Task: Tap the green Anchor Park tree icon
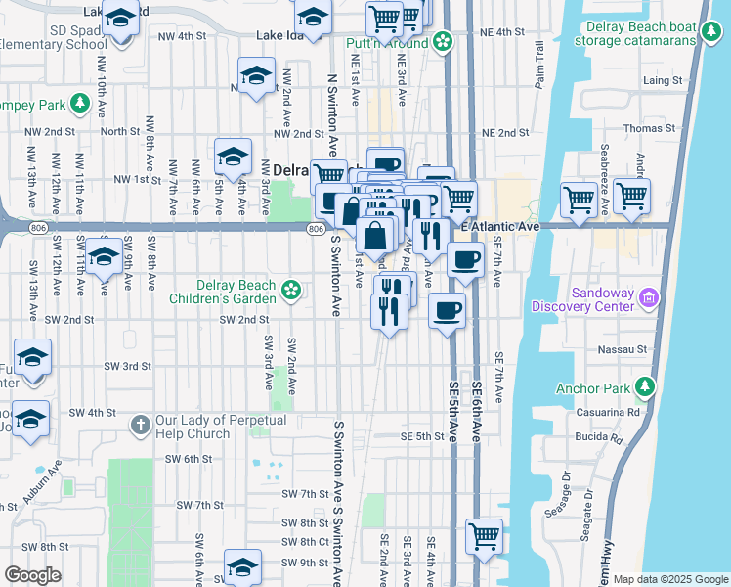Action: (x=644, y=387)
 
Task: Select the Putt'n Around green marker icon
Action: (x=443, y=42)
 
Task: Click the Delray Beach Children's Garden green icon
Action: (x=290, y=289)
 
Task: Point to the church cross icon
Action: (x=139, y=425)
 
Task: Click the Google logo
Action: (x=32, y=575)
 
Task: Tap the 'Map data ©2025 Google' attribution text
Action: (x=669, y=579)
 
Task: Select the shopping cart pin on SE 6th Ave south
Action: (x=484, y=536)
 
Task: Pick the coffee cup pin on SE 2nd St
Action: (x=447, y=311)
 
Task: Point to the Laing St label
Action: (x=662, y=80)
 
